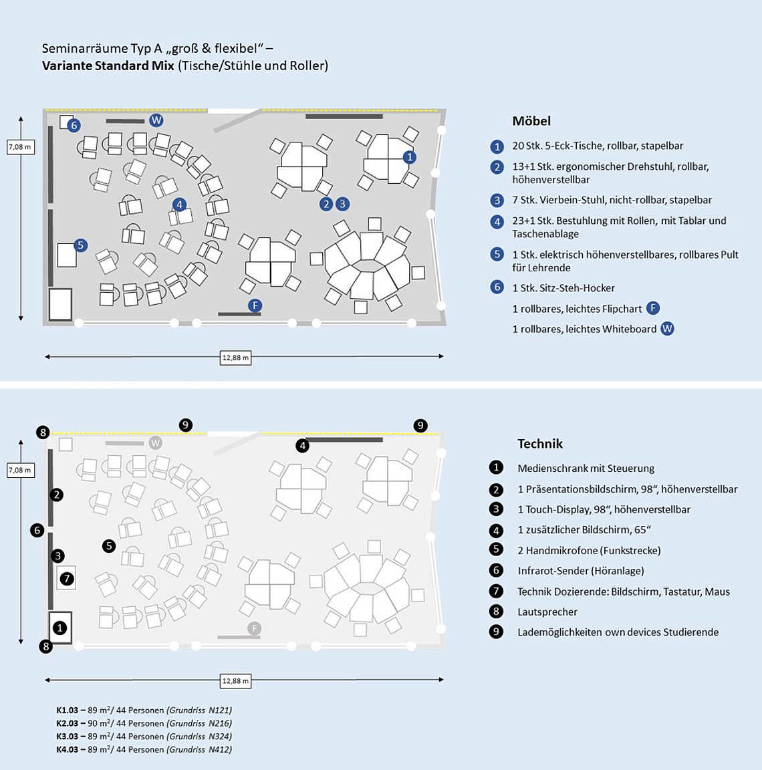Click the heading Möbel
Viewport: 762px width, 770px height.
(531, 121)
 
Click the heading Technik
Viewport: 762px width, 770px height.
(540, 444)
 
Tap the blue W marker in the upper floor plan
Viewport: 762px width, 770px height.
(156, 120)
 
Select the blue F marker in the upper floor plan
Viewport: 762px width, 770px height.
(255, 306)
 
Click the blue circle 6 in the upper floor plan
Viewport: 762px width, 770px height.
(74, 125)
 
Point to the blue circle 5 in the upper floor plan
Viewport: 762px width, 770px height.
(80, 245)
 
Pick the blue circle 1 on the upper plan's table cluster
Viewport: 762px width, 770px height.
(410, 157)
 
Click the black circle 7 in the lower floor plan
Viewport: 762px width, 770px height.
(66, 578)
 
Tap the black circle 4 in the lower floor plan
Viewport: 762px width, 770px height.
(303, 446)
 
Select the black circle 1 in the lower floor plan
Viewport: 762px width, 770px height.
(59, 628)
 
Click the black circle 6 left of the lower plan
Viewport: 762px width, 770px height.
(37, 530)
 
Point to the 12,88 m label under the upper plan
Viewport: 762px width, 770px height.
(235, 358)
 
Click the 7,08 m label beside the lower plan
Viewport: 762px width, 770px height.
(20, 471)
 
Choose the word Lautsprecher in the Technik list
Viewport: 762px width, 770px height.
(547, 612)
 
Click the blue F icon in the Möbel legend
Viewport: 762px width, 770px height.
(653, 308)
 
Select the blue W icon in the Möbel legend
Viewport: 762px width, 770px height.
(667, 329)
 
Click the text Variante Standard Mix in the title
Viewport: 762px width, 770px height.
(108, 66)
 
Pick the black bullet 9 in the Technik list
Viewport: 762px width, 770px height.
(496, 632)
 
